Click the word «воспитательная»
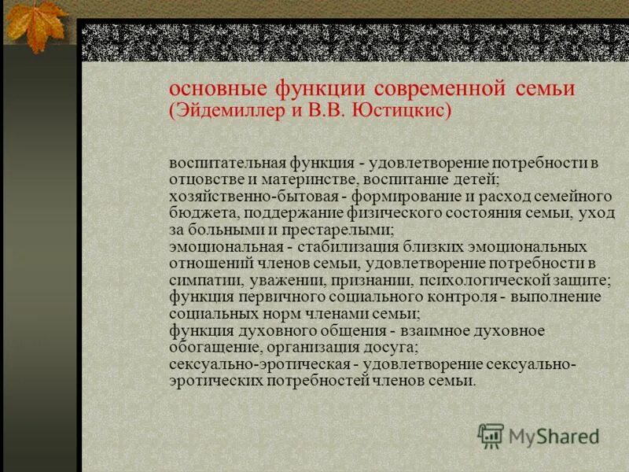[219, 164]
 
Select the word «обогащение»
[208, 347]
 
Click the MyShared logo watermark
[539, 435]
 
